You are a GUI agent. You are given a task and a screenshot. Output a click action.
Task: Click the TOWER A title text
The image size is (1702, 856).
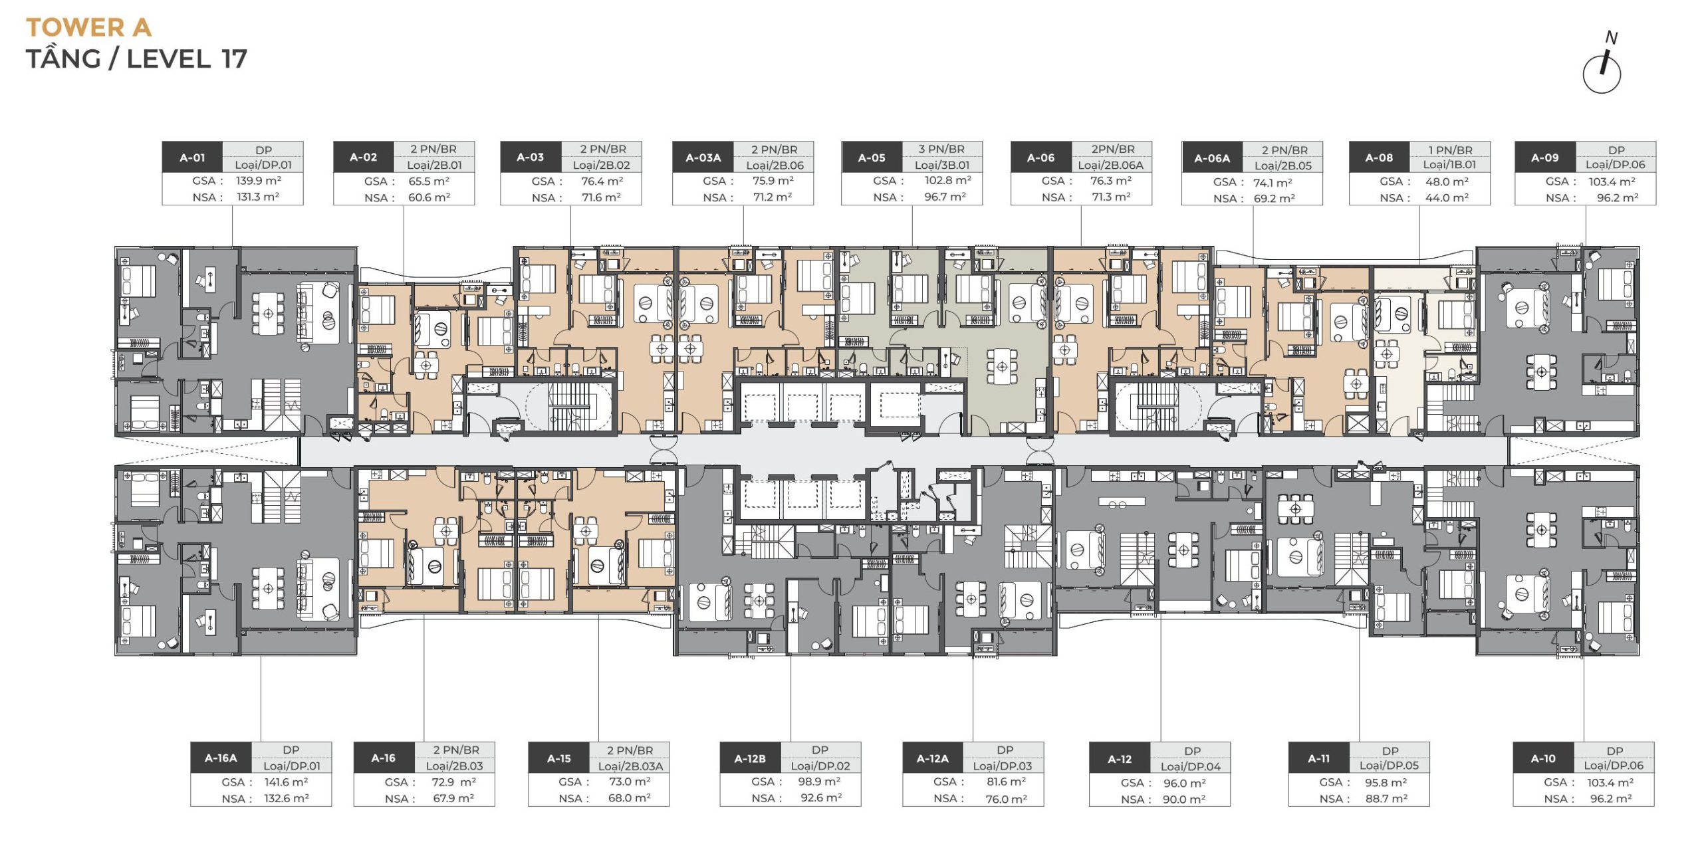(88, 28)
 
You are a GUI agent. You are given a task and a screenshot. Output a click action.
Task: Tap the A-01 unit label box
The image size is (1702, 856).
(192, 158)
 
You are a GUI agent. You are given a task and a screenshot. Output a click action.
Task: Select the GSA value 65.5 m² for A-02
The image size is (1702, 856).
(429, 181)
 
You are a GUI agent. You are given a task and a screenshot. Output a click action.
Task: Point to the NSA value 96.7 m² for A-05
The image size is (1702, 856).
(945, 197)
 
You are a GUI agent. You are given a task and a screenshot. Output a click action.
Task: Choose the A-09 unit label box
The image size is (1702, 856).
(1544, 158)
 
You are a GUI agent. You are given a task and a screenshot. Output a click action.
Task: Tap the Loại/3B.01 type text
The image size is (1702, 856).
(942, 165)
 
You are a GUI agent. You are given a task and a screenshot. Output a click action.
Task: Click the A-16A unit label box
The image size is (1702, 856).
(221, 758)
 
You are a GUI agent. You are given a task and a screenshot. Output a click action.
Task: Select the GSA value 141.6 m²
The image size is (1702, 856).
(286, 782)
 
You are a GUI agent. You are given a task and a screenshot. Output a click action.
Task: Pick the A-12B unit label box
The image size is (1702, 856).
(750, 758)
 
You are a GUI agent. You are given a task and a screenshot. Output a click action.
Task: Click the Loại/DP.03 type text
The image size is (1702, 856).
(1003, 766)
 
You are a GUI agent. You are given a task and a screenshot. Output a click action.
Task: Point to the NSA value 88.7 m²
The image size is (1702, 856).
(1386, 798)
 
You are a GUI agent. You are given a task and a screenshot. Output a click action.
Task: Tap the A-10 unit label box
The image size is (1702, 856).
(1543, 758)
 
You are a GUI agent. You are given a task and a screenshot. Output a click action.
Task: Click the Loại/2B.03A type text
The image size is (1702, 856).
(630, 766)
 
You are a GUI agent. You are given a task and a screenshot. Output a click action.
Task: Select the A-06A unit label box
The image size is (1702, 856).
(1212, 158)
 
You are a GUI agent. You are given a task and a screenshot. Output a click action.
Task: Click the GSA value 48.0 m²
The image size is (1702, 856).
(1447, 181)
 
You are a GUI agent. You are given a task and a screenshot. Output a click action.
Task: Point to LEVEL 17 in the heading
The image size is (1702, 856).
(187, 58)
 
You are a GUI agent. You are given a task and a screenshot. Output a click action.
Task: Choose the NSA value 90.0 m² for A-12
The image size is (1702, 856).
(1184, 799)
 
